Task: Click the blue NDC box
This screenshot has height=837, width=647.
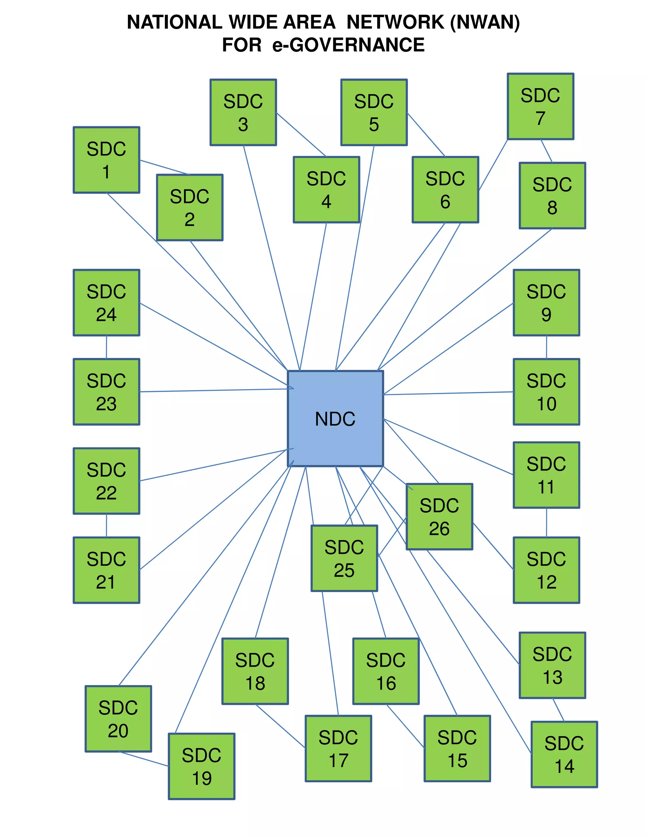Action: (336, 418)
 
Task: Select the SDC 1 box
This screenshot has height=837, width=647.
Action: (106, 160)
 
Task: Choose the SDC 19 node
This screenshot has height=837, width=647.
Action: (202, 767)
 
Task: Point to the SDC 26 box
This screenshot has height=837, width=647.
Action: (439, 517)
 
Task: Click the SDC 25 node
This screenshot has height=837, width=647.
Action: (344, 558)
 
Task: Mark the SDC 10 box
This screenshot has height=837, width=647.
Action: (546, 392)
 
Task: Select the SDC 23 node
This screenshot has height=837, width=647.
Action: (106, 392)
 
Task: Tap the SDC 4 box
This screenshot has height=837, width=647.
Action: (326, 190)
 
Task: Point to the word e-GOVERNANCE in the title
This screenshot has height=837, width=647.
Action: (348, 45)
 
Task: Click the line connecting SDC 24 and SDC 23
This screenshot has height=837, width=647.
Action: (106, 347)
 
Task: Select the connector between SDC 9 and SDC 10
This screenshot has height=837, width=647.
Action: (546, 347)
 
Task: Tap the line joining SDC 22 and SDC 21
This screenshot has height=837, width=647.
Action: (106, 526)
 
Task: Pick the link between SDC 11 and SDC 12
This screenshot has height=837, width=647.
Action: (546, 523)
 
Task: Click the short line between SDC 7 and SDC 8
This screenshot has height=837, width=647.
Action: (547, 151)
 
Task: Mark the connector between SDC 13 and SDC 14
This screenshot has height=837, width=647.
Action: (558, 710)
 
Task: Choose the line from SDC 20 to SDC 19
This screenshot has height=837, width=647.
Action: (144, 759)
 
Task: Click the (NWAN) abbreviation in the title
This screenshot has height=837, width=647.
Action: (485, 22)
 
